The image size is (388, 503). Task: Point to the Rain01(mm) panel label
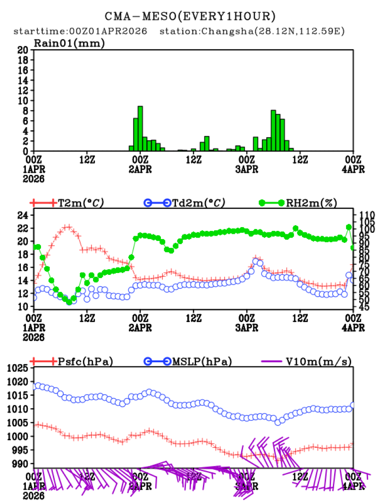click(x=69, y=43)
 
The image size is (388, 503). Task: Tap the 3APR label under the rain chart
click(x=247, y=169)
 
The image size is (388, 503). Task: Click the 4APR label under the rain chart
click(x=354, y=169)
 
